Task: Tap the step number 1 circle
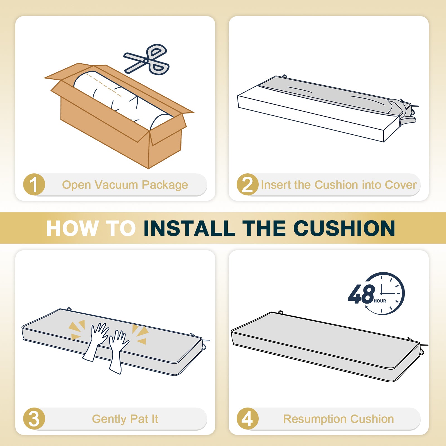[34, 185]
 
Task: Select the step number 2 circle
[248, 185]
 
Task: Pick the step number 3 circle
[34, 419]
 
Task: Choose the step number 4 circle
[248, 419]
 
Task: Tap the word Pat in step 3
[139, 419]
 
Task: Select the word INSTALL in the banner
[189, 228]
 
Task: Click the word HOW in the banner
[72, 228]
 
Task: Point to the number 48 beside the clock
[361, 294]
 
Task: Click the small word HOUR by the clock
[380, 301]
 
